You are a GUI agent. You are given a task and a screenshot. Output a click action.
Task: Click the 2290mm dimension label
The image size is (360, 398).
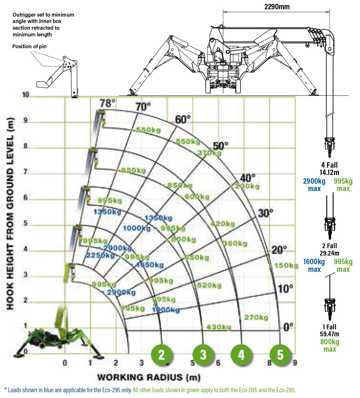(277, 7)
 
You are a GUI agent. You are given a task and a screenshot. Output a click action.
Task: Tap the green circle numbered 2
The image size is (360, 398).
(161, 355)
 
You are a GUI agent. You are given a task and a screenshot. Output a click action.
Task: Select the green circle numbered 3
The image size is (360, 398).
(203, 355)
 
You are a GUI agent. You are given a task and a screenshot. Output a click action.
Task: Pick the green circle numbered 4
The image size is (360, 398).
(241, 355)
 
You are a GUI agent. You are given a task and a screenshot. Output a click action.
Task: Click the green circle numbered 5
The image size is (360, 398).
(280, 355)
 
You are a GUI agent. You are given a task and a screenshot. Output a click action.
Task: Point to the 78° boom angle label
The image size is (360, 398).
(107, 103)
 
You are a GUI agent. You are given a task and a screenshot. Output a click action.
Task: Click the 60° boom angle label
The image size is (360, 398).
(183, 119)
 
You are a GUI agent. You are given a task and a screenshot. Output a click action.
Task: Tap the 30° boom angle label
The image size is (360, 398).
(266, 213)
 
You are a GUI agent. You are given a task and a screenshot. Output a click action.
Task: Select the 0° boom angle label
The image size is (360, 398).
(288, 327)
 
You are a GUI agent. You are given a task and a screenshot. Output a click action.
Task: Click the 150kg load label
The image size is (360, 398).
(286, 265)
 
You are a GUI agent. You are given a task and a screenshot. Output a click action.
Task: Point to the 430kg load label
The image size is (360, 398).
(219, 327)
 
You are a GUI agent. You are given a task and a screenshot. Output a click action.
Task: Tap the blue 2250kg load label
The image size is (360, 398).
(100, 255)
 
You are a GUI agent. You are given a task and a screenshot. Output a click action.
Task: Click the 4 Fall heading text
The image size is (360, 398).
(329, 165)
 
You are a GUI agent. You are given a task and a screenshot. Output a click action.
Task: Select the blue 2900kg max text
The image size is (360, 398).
(314, 185)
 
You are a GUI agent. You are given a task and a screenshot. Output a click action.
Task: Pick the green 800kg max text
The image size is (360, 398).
(330, 345)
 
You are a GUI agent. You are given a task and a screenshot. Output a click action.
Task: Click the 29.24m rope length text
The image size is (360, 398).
(329, 253)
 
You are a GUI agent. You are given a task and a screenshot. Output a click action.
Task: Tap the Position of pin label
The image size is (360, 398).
(29, 46)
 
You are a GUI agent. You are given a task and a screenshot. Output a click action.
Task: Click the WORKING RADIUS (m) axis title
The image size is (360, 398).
(149, 377)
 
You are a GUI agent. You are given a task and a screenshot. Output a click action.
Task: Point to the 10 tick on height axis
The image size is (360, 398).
(26, 95)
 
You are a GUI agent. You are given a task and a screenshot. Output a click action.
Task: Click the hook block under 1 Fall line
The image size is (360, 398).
(330, 308)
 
